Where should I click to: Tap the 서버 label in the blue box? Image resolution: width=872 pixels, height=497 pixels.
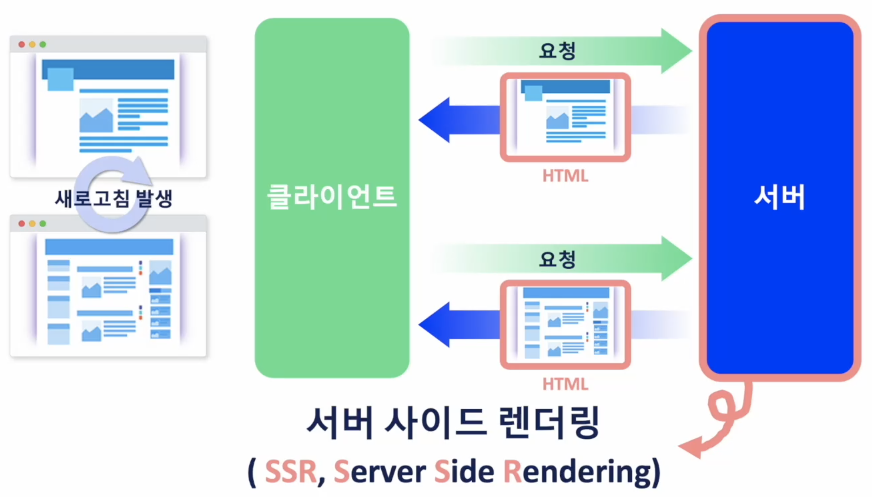[x=779, y=197]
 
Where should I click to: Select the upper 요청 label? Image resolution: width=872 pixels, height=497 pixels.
[x=557, y=51]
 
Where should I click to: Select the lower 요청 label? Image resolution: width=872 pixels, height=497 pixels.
[x=557, y=259]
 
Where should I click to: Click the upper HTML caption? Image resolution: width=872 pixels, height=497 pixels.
[x=565, y=176]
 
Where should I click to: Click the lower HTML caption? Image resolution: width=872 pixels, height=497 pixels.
[x=565, y=384]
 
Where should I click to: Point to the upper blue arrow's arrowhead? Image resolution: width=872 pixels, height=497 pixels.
[x=434, y=120]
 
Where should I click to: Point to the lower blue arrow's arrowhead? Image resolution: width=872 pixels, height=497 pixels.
[x=434, y=325]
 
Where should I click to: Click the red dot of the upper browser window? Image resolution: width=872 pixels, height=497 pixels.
[x=22, y=44]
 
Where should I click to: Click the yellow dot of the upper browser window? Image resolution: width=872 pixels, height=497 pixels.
[x=32, y=44]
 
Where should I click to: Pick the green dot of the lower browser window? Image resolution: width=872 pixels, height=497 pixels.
[x=43, y=224]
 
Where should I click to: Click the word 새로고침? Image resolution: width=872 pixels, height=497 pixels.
[x=92, y=199]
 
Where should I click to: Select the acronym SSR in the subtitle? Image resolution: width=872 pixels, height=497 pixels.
[x=291, y=472]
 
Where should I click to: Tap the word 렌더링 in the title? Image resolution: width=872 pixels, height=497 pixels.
[x=549, y=423]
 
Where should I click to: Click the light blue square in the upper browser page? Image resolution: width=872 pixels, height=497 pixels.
[x=60, y=79]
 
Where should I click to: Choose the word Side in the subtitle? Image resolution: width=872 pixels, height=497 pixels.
[x=464, y=472]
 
